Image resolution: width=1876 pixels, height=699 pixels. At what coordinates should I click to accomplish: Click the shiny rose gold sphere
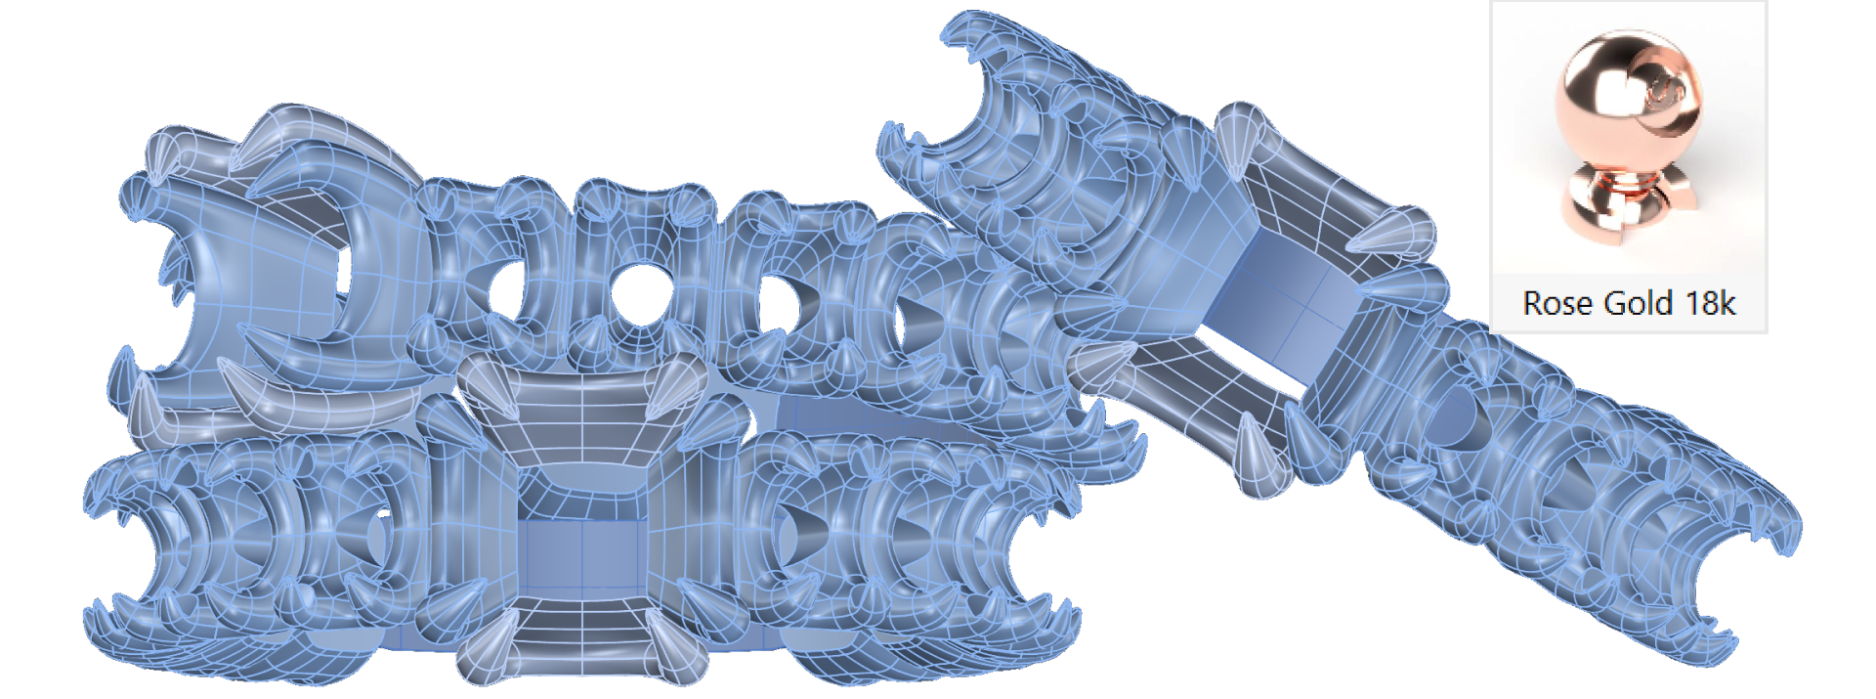pyautogui.click(x=1627, y=98)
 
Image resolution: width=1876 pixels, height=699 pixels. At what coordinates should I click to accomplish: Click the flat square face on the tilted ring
pyautogui.click(x=1280, y=298)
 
